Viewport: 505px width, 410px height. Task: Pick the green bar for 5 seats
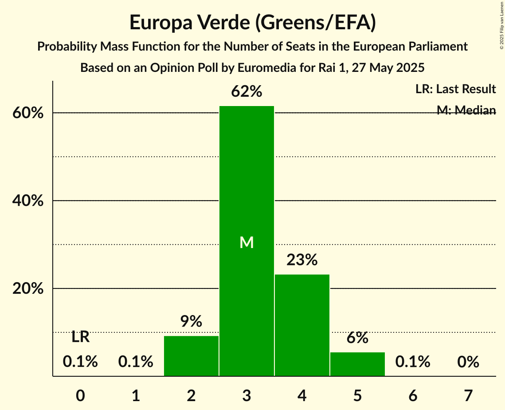[x=357, y=364]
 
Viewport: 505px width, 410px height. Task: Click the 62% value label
[x=247, y=92]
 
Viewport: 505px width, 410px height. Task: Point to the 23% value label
[x=302, y=260]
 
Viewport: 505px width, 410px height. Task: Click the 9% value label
[x=191, y=321]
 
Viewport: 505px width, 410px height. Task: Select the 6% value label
[x=357, y=338]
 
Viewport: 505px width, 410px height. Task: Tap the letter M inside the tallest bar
[x=247, y=242]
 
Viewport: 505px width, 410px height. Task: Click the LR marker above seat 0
[x=80, y=337]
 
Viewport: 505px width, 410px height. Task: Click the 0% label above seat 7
[x=468, y=362]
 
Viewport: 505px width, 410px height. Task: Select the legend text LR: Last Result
[x=455, y=89]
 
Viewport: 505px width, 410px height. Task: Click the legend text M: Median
[x=466, y=110]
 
